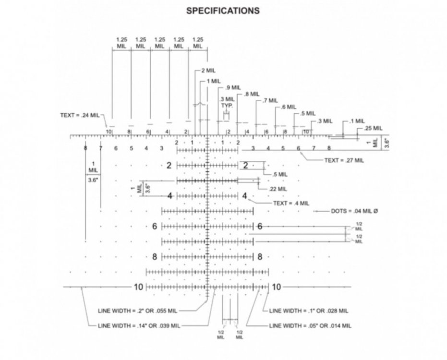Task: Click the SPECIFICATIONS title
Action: coord(223,11)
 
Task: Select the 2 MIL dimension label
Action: coord(209,70)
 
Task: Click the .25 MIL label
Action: coord(373,128)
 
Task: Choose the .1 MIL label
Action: coord(357,121)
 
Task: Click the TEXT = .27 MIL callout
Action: coord(344,160)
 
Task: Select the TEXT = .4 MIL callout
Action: coord(291,203)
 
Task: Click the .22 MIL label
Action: coord(278,189)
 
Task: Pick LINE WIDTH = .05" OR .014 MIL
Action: coord(310,325)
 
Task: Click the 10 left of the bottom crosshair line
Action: coord(138,287)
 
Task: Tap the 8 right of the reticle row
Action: coord(260,257)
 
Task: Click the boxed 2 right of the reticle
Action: coord(245,166)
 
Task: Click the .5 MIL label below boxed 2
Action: coord(280,174)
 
